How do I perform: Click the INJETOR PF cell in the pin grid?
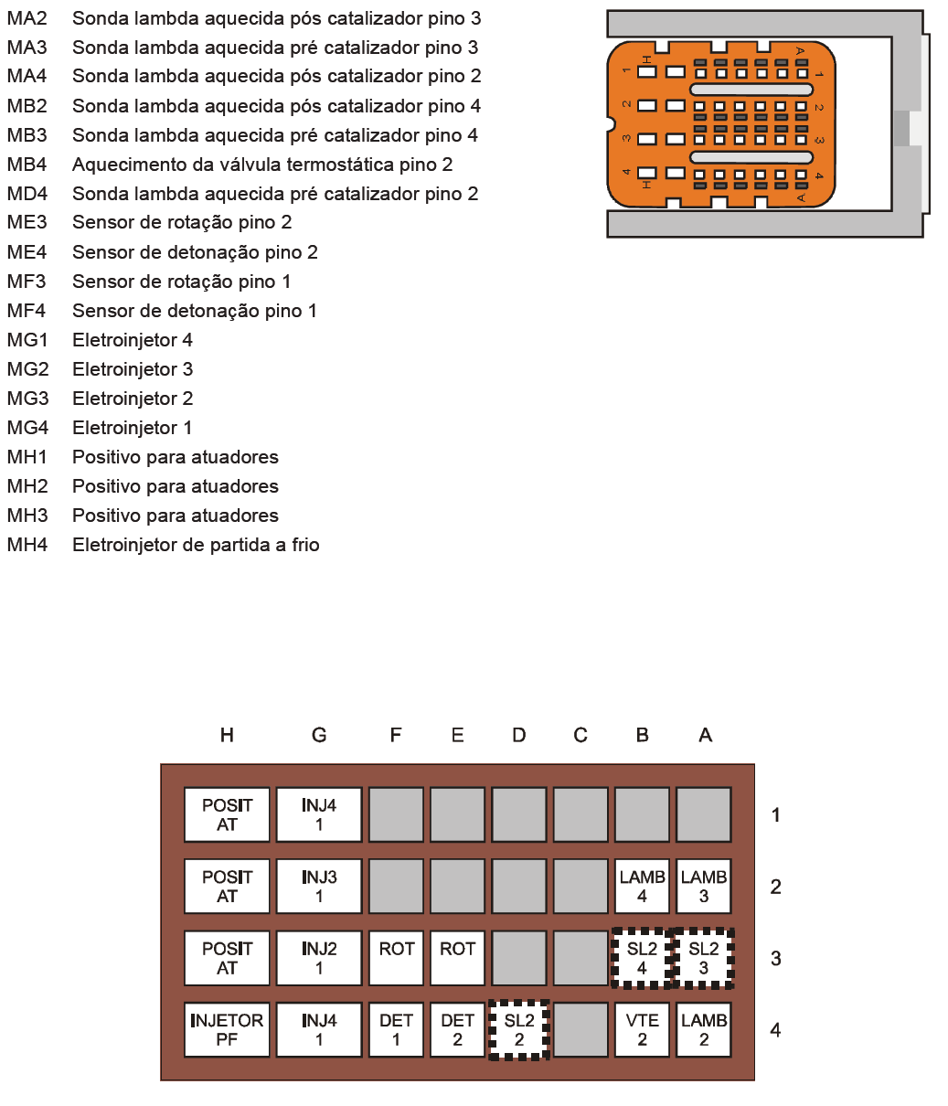(227, 1029)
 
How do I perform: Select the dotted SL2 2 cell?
(518, 1029)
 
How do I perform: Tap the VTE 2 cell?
(642, 1029)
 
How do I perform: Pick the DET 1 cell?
(396, 1029)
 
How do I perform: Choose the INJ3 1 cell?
(319, 886)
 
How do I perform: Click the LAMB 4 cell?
(642, 886)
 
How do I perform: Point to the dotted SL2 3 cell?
(703, 958)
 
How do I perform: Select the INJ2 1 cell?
(319, 958)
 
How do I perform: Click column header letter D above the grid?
(518, 735)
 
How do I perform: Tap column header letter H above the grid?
(227, 735)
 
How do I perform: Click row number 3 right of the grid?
(775, 958)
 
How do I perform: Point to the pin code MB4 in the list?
(27, 165)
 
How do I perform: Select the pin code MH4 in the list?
(27, 545)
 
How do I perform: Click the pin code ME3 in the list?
(27, 222)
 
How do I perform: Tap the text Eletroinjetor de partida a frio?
(196, 545)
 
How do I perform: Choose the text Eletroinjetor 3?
(133, 369)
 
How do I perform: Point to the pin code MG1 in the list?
(27, 340)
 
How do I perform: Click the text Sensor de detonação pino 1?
(195, 311)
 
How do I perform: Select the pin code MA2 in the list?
(27, 18)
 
